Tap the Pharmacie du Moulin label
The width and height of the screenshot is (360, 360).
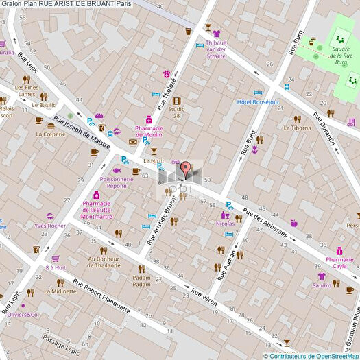pos(149,131)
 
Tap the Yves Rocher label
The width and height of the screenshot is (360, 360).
pos(50,226)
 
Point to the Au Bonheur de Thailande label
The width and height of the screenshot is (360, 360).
pos(104,262)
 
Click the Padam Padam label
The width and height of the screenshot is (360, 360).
pos(141,280)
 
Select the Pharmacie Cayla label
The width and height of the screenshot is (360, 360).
pos(340,263)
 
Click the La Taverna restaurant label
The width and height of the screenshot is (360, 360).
pos(297,127)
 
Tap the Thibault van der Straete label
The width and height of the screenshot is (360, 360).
pos(216,45)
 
